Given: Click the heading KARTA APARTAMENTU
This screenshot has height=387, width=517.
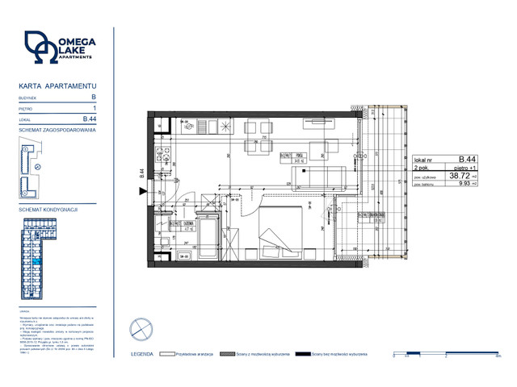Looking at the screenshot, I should pos(57,85).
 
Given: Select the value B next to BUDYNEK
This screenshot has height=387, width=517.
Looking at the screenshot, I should pos(94,96).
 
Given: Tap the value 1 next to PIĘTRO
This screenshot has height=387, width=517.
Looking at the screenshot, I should pos(95,108).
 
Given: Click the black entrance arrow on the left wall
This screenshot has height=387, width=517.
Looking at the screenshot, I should pos(143,191).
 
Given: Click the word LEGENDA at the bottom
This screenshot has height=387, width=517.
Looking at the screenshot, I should pos(141,354).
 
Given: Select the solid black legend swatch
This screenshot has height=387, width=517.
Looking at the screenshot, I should pos(305,354).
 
